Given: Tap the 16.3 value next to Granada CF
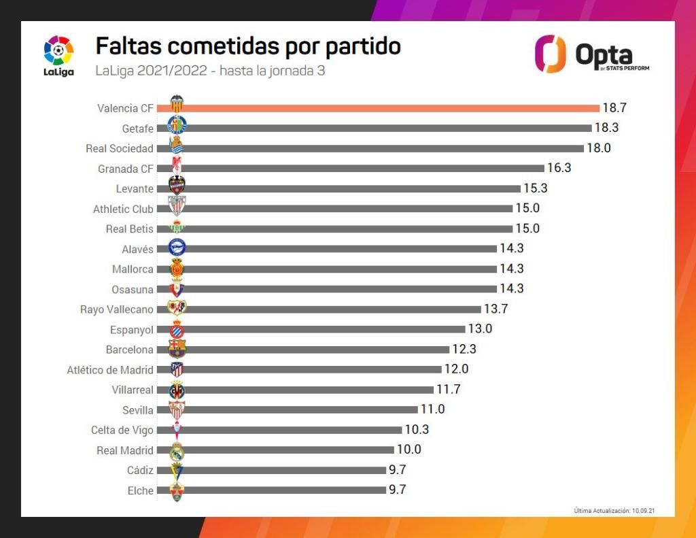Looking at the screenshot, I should pyautogui.click(x=559, y=168).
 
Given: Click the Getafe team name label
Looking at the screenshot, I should pyautogui.click(x=137, y=129).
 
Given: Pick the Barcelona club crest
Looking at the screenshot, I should pyautogui.click(x=177, y=349).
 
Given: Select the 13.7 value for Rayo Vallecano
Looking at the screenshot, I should pyautogui.click(x=495, y=309).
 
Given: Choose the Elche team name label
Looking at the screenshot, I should pyautogui.click(x=141, y=490).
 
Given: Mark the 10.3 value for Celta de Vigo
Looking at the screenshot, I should pyautogui.click(x=417, y=430).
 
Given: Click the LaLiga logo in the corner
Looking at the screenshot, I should pyautogui.click(x=59, y=54).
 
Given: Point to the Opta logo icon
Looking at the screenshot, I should pyautogui.click(x=550, y=54).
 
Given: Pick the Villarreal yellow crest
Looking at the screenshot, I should pyautogui.click(x=177, y=390).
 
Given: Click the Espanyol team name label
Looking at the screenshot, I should pyautogui.click(x=132, y=330).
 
